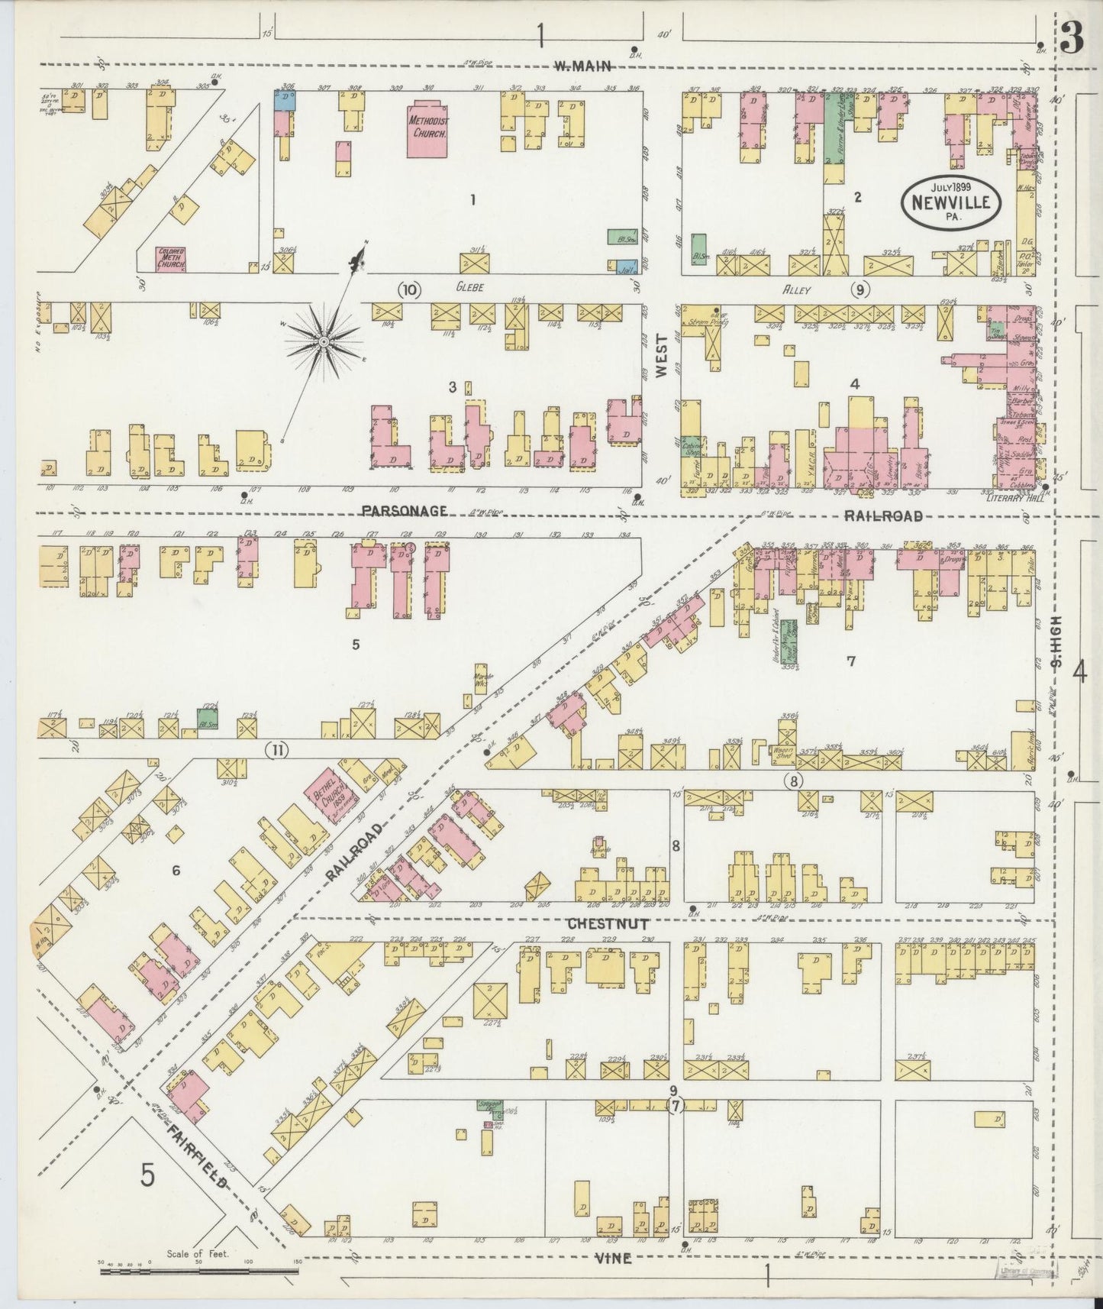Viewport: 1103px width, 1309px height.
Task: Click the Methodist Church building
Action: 427,128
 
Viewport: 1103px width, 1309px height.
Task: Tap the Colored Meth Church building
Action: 171,259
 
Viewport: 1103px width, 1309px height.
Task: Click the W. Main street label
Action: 583,66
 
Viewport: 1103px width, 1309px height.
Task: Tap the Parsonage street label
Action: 405,510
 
